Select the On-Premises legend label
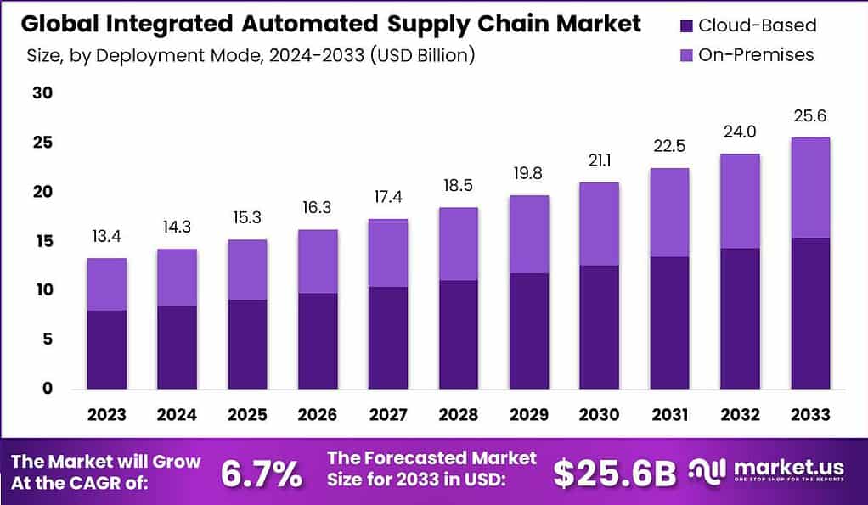pos(756,55)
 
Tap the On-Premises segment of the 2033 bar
pos(809,188)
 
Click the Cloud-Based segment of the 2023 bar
pos(107,350)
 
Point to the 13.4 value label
pos(107,235)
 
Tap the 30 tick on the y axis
pos(43,93)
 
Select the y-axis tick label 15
pos(43,241)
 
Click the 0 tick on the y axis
pos(48,389)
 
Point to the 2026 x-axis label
pos(318,415)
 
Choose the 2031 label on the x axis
pos(668,415)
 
